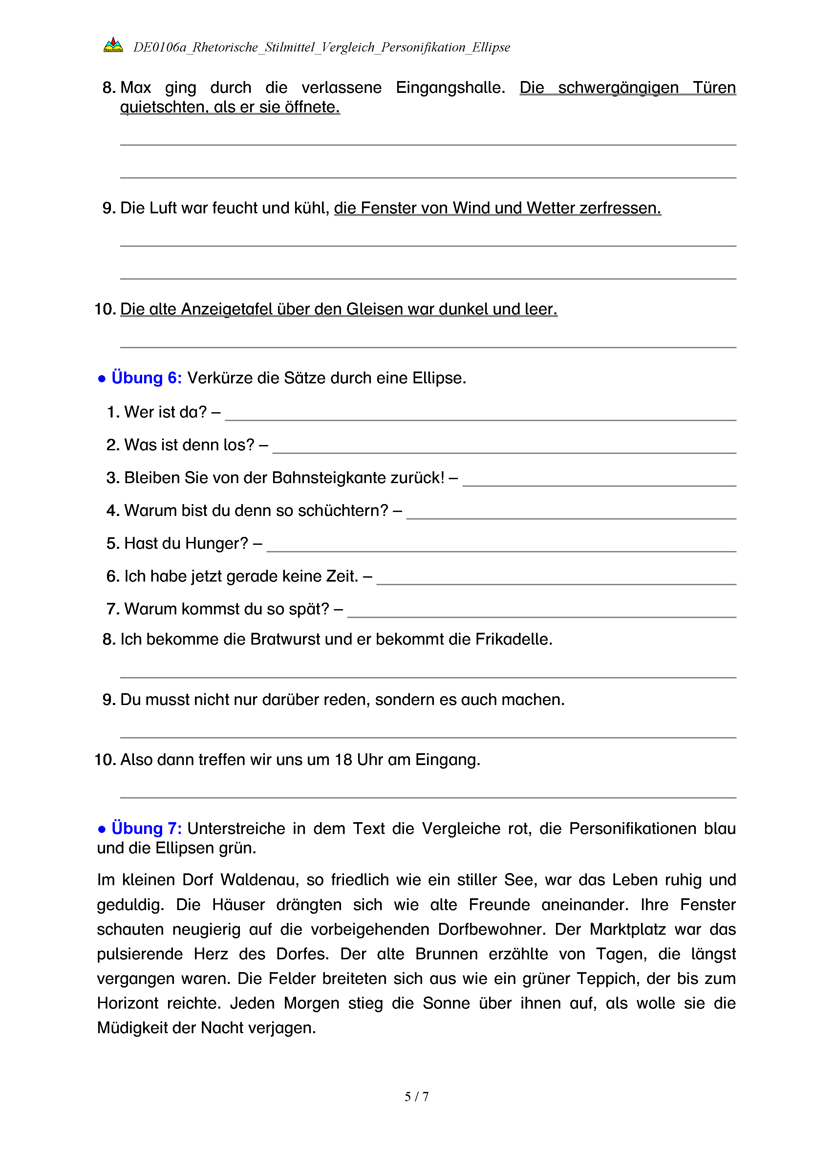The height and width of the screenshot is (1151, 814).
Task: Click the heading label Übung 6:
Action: click(146, 378)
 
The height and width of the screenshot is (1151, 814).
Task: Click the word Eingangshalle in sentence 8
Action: click(450, 88)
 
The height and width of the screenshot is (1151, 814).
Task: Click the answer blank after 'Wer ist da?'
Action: click(480, 414)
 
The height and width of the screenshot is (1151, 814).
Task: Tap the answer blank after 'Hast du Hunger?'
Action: click(501, 545)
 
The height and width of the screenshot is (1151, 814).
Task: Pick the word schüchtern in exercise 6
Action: click(343, 511)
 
